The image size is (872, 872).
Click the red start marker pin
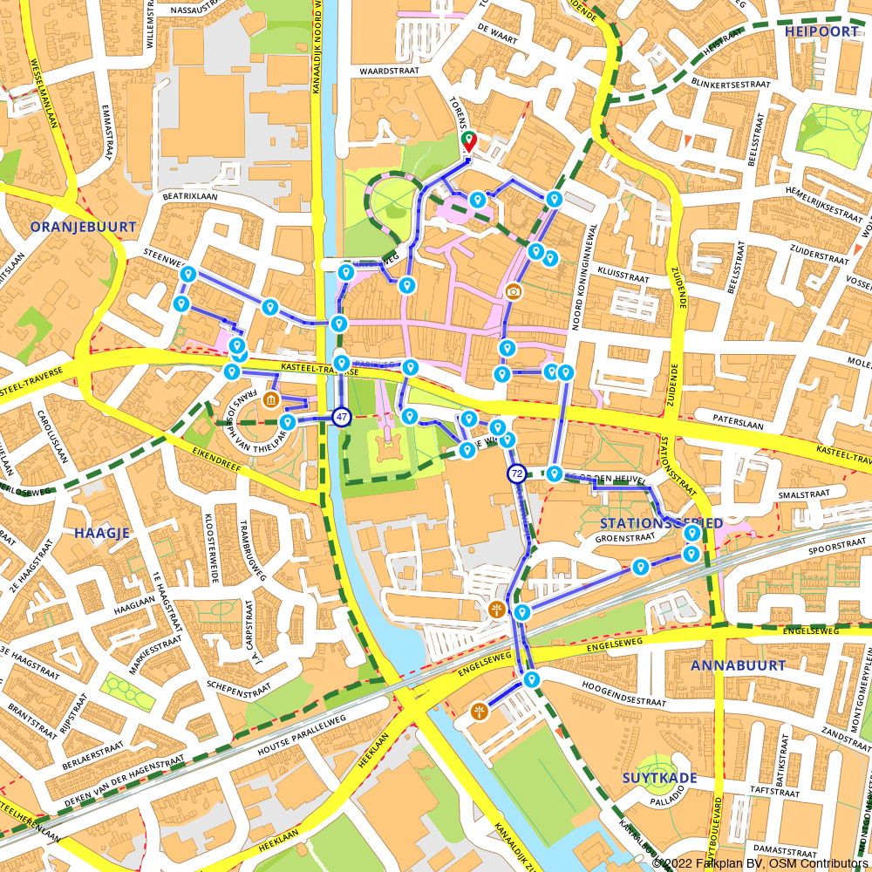tap(468, 141)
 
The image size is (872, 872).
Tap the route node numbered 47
tap(341, 417)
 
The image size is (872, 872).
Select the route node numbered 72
tap(517, 473)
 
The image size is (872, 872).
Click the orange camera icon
tap(514, 290)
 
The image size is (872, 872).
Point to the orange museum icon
tap(271, 400)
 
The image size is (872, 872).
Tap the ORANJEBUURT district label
tap(83, 227)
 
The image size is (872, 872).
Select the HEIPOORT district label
tap(821, 31)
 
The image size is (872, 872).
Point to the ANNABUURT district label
tap(726, 665)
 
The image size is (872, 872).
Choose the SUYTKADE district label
tap(659, 777)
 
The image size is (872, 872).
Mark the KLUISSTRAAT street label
tap(623, 278)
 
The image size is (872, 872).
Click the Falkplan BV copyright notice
tap(760, 863)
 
